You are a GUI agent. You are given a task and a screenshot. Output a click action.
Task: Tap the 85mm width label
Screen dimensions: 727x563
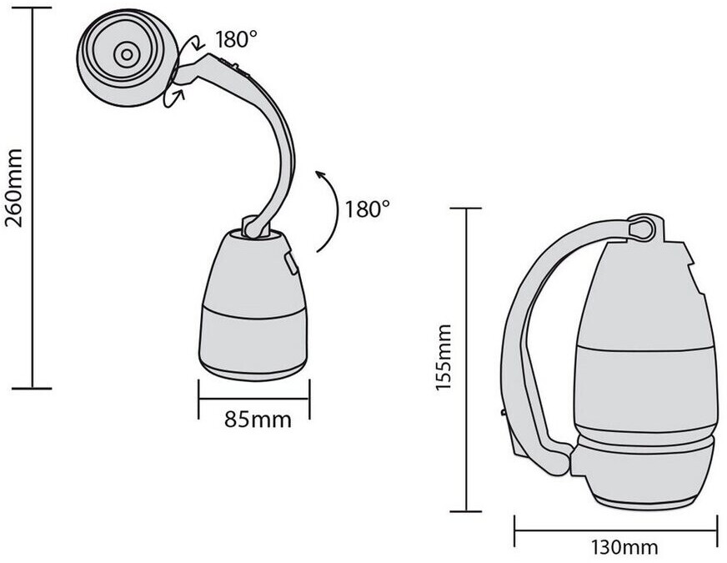(x=258, y=420)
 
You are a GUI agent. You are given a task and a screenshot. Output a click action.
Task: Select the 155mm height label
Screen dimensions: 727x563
(x=444, y=358)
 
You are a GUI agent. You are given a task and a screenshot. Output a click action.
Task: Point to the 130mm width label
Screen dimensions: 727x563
(x=624, y=547)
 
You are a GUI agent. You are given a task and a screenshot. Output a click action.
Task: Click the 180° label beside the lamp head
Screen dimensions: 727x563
(x=236, y=39)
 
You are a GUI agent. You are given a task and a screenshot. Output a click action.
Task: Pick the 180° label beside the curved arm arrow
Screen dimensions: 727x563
(x=367, y=209)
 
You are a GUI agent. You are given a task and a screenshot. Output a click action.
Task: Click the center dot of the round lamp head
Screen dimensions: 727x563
(x=127, y=54)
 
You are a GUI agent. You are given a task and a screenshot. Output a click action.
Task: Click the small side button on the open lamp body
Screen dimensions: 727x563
(x=291, y=264)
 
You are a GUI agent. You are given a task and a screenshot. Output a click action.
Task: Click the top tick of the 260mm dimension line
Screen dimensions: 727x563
(x=32, y=8)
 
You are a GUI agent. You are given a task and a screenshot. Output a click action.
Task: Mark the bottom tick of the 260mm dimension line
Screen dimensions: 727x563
(x=32, y=388)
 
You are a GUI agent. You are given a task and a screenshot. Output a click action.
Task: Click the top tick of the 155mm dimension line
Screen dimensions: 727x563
(x=466, y=209)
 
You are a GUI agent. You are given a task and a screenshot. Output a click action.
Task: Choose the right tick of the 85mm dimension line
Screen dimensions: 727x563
(x=309, y=399)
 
